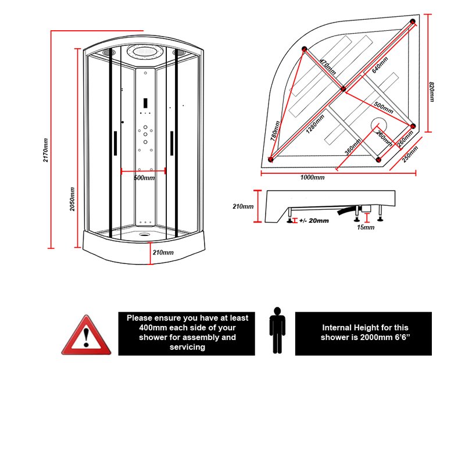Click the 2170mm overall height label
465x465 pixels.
46,150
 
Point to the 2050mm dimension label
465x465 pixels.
72,199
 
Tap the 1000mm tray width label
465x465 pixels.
312,177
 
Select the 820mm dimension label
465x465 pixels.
432,92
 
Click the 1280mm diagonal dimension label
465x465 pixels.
315,124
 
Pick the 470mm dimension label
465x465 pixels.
328,67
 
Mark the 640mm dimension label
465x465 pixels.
380,65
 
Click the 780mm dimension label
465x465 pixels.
275,130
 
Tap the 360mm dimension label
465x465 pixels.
353,147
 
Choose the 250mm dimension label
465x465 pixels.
410,154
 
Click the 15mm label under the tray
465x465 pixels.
366,227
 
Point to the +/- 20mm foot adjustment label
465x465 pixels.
314,221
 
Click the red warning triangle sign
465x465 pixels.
86,335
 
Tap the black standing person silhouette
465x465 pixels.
277,330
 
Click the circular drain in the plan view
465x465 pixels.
379,125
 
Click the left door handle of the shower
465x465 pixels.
115,143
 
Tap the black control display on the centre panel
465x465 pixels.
145,103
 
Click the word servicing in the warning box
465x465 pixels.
187,347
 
